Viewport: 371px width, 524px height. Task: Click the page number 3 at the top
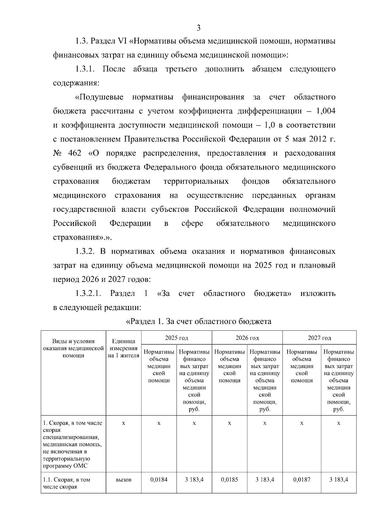(198, 28)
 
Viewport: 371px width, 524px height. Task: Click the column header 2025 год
(176, 338)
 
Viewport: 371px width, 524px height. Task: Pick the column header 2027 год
(319, 338)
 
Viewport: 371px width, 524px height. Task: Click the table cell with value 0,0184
(159, 480)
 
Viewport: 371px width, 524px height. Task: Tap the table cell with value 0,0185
(229, 480)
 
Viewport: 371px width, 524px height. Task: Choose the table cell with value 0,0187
(302, 480)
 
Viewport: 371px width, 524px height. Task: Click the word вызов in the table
(123, 480)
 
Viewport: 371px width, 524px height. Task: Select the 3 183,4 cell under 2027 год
(339, 480)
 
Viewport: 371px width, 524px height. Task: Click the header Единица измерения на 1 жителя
(123, 348)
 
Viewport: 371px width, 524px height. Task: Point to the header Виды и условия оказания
(73, 348)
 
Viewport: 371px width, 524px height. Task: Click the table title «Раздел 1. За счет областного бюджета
(198, 321)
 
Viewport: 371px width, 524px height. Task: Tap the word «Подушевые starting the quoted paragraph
(99, 97)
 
